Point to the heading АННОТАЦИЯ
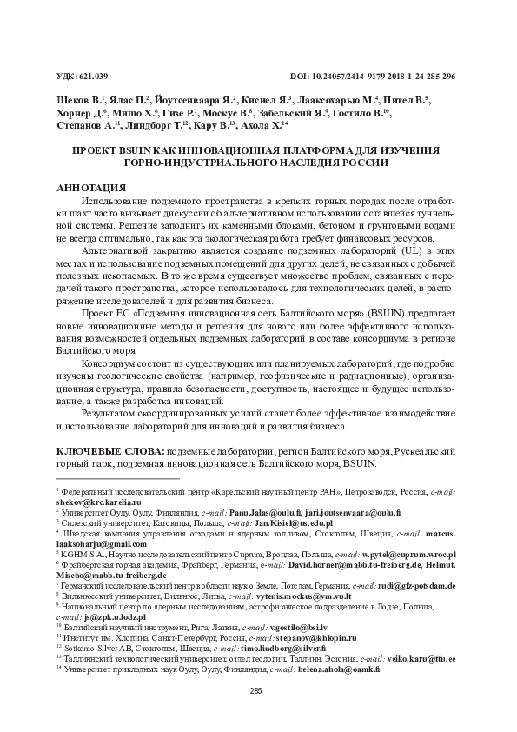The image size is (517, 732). click(x=91, y=188)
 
